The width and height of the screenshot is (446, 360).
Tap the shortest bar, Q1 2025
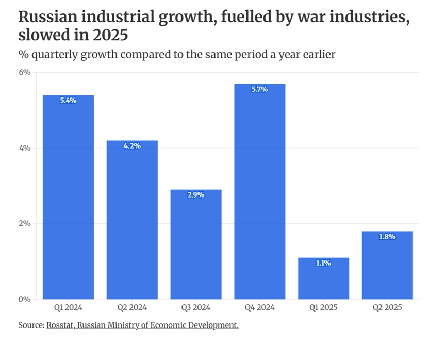[x=323, y=278]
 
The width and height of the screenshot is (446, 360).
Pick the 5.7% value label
[x=260, y=89]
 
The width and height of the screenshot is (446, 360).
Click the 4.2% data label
[x=132, y=146]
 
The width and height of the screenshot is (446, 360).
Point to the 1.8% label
[x=387, y=237]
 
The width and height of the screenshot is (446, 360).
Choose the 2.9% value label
[x=196, y=195]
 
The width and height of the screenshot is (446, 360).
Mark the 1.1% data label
[x=323, y=263]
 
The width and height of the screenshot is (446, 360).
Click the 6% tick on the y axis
[x=25, y=73]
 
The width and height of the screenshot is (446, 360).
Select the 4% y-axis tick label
[x=25, y=148]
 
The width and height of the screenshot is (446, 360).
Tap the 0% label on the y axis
[x=25, y=299]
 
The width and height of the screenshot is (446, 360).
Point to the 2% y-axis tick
[x=25, y=224]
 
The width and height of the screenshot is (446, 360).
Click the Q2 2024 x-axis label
[x=132, y=308]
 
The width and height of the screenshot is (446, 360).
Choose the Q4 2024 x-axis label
[x=260, y=308]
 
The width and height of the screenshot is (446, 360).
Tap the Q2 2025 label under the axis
[x=387, y=308]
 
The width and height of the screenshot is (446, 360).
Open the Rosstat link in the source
[x=61, y=325]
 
